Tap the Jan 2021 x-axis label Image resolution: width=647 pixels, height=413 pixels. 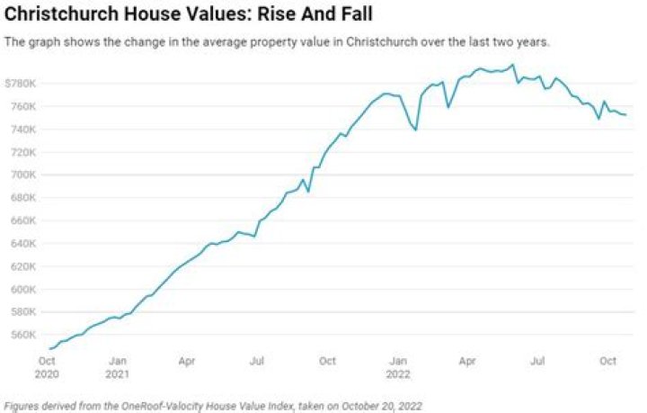[117, 366]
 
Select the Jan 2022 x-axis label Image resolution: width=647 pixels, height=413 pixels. [397, 366]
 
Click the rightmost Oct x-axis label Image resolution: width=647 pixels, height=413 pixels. [607, 361]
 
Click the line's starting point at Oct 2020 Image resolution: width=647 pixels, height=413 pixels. [50, 348]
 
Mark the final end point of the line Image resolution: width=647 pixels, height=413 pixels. [625, 115]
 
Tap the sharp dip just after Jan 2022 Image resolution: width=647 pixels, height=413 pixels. [416, 130]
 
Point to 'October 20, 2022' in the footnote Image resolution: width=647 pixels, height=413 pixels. [379, 406]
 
